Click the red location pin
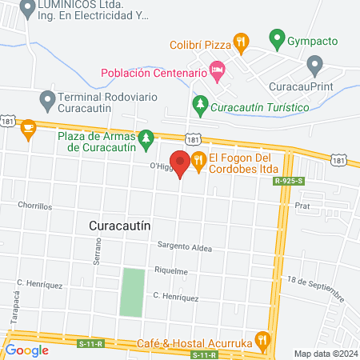tap(180, 163)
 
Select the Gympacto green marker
tap(277, 38)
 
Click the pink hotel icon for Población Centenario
tap(218, 70)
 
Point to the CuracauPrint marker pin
tap(314, 63)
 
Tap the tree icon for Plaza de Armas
tap(146, 141)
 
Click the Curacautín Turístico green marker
tap(201, 103)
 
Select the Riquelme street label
tap(171, 271)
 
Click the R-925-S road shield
tap(289, 182)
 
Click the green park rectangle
tap(133, 291)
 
